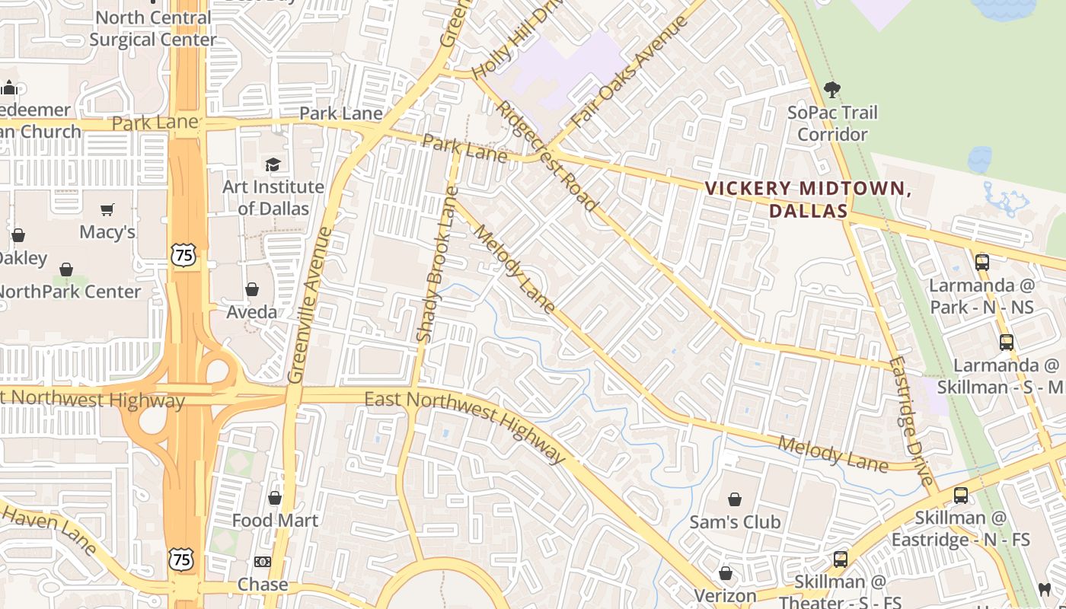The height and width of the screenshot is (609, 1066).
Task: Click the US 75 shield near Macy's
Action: (x=183, y=254)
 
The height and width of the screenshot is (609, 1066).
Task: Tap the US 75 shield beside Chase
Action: (x=181, y=560)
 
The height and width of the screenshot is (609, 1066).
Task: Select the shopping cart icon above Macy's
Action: (x=107, y=209)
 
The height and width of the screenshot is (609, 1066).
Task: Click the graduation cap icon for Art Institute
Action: (x=273, y=164)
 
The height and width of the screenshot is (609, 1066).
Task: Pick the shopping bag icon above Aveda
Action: (x=252, y=289)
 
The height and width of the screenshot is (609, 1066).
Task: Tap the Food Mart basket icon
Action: (x=275, y=498)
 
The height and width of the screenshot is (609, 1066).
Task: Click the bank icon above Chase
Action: (x=263, y=562)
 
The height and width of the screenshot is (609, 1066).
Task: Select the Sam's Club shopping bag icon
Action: (x=735, y=499)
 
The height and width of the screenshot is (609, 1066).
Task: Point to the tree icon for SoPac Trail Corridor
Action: (x=832, y=90)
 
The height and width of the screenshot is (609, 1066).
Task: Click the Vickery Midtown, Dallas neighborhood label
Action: (x=808, y=199)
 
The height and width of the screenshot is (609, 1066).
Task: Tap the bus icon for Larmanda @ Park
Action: (x=982, y=263)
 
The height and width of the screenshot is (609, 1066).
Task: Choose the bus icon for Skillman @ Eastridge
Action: (x=961, y=496)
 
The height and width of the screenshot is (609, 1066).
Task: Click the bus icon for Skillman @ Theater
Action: (x=841, y=560)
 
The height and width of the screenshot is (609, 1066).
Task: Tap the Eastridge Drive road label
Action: (x=911, y=421)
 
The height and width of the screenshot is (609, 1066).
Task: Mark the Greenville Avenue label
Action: (x=311, y=304)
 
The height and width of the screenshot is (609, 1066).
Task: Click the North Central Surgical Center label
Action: (x=153, y=28)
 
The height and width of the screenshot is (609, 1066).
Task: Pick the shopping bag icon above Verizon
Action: (x=726, y=572)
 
